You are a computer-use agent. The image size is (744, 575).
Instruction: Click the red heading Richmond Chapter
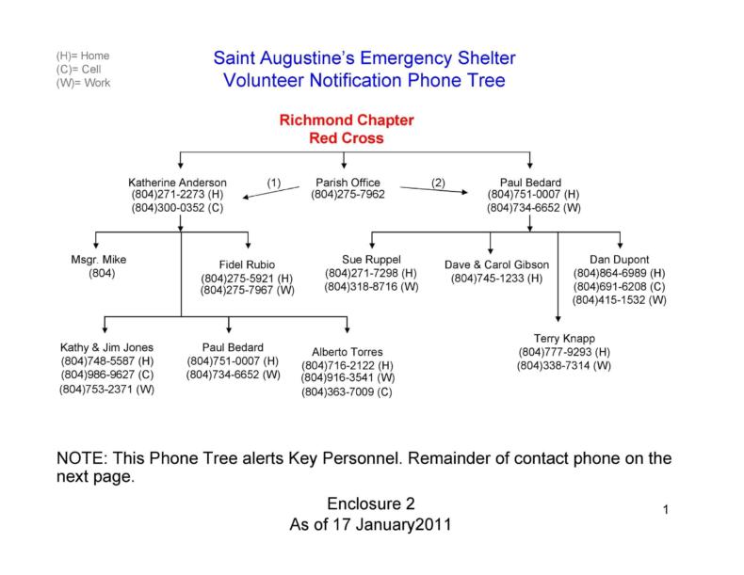[346, 121]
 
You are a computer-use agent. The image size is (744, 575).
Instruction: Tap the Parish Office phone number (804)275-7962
[348, 195]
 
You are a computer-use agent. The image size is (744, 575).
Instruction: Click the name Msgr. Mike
[99, 259]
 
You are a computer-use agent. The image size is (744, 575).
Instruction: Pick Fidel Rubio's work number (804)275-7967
[247, 291]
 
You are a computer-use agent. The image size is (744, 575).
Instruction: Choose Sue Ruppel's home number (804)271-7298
[371, 272]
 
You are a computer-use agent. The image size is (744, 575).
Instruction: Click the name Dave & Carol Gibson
[496, 264]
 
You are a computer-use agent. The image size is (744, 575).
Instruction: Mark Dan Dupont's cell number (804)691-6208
[620, 286]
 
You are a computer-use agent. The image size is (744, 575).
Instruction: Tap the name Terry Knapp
[564, 339]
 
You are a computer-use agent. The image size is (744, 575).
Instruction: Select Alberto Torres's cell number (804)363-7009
[347, 391]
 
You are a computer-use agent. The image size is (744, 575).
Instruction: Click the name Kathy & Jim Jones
[107, 347]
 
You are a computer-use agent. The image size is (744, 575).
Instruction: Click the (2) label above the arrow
[438, 182]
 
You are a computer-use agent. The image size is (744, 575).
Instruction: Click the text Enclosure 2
[370, 504]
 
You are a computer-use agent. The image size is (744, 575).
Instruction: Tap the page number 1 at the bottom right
[665, 510]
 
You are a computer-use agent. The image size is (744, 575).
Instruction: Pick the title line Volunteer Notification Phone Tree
[364, 81]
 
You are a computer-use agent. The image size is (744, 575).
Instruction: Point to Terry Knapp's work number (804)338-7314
[564, 365]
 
